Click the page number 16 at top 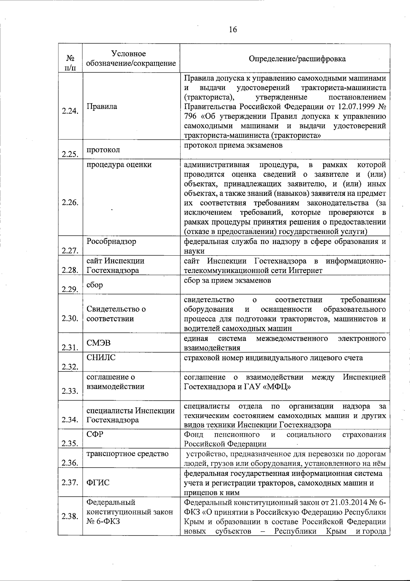233,29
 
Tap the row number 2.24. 70,111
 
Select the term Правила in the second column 102,106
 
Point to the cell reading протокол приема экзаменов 233,145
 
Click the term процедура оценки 119,165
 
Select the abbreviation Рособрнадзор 111,241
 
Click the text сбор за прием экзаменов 227,281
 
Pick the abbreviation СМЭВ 98,343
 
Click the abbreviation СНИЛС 101,358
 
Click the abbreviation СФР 95,434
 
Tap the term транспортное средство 127,454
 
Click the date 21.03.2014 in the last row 348,502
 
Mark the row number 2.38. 70,516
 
